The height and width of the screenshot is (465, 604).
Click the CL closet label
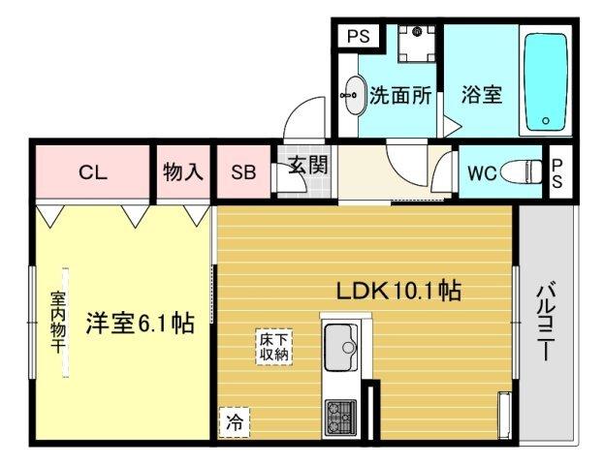click(93, 173)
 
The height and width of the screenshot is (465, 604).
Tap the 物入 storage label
click(183, 173)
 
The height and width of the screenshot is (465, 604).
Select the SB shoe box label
click(242, 173)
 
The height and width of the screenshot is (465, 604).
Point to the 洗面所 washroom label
click(401, 96)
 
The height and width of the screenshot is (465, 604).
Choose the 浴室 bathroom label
click(482, 96)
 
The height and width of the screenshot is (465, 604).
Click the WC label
click(482, 173)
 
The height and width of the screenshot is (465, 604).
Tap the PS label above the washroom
click(358, 37)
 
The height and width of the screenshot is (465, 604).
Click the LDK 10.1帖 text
click(397, 290)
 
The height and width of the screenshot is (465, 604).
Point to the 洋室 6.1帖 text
click(140, 324)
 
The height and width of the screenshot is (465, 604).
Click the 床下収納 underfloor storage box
click(272, 347)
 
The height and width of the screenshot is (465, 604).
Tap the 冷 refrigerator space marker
click(234, 421)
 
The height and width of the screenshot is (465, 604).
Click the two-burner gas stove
click(340, 418)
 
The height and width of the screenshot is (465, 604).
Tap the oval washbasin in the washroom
click(353, 96)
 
